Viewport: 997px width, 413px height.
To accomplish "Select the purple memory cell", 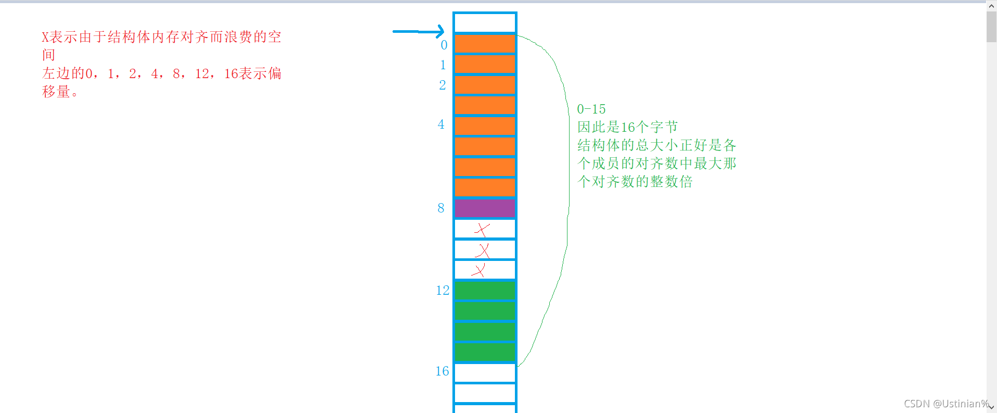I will point(485,208).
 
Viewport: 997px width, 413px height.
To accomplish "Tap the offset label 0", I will point(444,45).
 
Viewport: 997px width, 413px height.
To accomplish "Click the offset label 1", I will point(443,65).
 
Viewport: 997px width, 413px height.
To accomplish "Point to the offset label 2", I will point(443,85).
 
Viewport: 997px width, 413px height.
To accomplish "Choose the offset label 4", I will point(441,124).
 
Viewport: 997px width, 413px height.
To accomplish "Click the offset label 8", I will point(441,208).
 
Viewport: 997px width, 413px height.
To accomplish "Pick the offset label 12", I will point(443,291).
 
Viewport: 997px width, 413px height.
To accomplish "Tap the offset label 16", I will point(442,371).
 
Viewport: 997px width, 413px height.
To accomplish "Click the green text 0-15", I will point(591,109).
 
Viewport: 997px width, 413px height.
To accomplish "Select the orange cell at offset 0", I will point(485,44).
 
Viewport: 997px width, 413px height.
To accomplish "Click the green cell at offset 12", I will point(485,291).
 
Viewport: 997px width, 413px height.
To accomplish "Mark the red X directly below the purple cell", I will point(482,230).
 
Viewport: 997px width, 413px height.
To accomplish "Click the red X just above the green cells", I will point(478,270).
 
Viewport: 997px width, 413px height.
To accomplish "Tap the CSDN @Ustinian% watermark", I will point(946,404).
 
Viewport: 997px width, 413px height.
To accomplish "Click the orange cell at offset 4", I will point(485,126).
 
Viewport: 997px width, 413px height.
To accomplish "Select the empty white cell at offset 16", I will point(485,373).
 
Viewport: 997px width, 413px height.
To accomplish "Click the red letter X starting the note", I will point(45,37).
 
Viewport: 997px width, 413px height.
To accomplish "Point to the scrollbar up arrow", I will point(991,6).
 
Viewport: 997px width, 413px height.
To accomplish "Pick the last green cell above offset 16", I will point(485,352).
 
